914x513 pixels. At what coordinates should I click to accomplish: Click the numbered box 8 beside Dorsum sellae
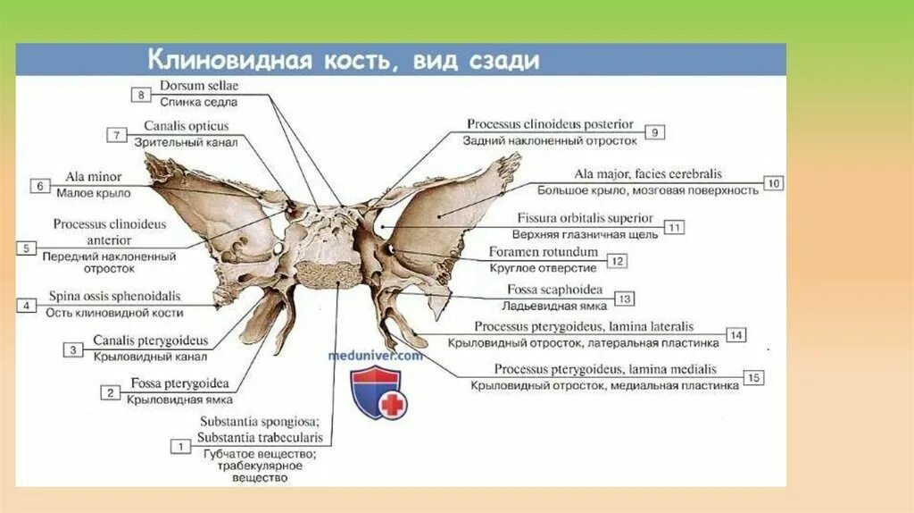click(140, 94)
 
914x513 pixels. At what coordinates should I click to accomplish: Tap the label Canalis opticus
click(186, 126)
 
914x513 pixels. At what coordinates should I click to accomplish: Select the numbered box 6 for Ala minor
click(40, 186)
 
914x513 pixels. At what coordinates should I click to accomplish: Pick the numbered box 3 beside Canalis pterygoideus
click(73, 349)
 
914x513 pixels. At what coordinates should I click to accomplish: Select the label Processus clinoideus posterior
click(550, 124)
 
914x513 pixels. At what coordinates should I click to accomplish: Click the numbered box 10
click(773, 184)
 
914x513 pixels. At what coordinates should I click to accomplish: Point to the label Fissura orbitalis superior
click(585, 218)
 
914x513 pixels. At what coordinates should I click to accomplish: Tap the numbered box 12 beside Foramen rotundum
click(618, 261)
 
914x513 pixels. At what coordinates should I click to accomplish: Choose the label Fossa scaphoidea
click(554, 290)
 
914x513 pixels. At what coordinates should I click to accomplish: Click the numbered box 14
click(735, 335)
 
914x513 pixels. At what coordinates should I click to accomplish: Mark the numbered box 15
click(753, 378)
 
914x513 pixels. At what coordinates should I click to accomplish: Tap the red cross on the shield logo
click(391, 405)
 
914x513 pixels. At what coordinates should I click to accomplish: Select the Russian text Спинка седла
click(199, 102)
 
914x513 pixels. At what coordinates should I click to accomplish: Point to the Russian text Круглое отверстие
click(543, 267)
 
